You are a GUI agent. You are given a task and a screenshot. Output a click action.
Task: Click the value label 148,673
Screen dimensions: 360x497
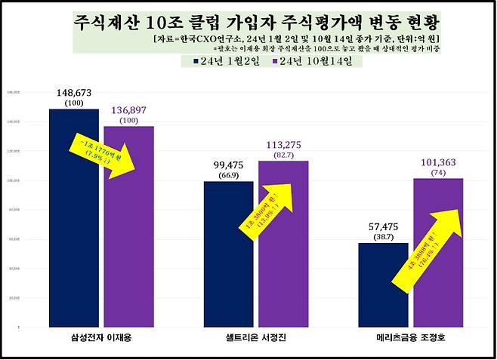click(74, 93)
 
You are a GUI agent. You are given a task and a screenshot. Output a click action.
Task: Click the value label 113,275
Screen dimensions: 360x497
click(283, 145)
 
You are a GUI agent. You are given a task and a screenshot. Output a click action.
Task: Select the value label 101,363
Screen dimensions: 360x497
click(438, 161)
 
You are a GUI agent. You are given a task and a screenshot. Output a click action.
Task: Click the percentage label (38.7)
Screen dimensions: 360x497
click(383, 236)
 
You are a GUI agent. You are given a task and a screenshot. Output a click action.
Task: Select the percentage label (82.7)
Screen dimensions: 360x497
click(283, 155)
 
